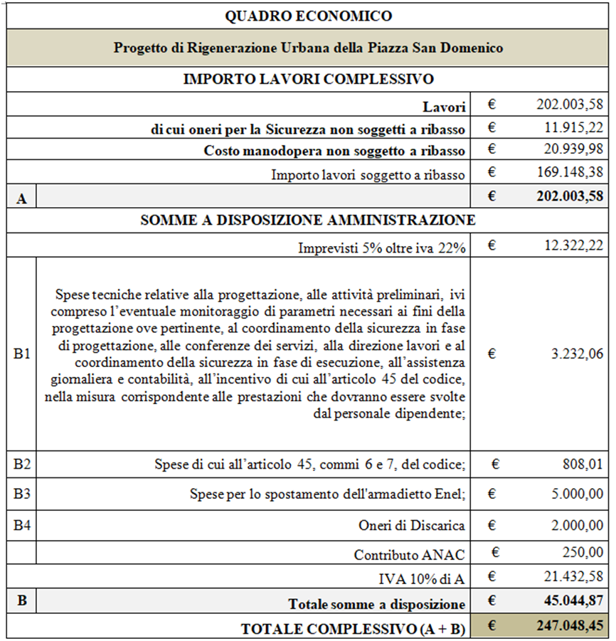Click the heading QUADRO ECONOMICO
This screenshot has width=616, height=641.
tap(308, 16)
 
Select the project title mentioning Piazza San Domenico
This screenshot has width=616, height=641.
tap(308, 48)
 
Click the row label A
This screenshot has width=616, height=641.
tap(21, 199)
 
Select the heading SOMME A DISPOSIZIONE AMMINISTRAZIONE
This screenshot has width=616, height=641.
tap(308, 221)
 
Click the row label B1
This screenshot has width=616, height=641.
tap(21, 353)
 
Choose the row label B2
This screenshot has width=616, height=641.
tap(21, 465)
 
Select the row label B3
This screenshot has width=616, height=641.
tap(21, 494)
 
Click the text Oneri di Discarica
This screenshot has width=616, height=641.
tap(412, 525)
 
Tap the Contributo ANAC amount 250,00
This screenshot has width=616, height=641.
tap(584, 552)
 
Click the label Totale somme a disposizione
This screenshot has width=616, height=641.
tap(376, 604)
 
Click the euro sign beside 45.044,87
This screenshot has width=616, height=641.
tap(492, 603)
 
